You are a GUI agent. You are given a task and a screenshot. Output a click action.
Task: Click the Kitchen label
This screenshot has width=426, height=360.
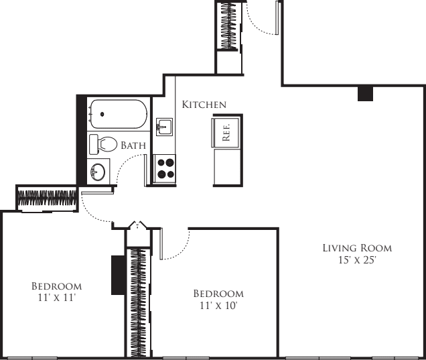(204, 105)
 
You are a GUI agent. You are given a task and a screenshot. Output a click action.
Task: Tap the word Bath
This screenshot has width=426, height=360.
(133, 145)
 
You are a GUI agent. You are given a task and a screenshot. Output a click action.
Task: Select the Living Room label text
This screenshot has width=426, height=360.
(357, 248)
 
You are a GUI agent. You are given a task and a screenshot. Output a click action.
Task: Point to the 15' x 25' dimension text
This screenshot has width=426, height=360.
(357, 261)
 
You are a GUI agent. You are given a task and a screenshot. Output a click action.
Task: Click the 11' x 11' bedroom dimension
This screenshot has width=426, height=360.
(57, 298)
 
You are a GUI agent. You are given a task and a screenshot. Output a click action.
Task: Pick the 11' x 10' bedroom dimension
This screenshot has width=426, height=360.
(218, 305)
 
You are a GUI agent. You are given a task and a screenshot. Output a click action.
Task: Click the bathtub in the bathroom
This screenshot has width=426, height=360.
(117, 115)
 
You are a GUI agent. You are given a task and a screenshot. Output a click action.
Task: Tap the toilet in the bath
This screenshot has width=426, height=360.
(102, 143)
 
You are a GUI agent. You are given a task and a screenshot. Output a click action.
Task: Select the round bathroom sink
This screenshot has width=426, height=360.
(98, 171)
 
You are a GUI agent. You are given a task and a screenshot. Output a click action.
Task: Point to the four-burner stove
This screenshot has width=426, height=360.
(165, 168)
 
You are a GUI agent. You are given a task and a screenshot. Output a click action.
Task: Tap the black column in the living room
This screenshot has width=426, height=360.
(365, 94)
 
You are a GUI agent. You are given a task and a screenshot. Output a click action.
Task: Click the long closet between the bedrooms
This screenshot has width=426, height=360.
(138, 302)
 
